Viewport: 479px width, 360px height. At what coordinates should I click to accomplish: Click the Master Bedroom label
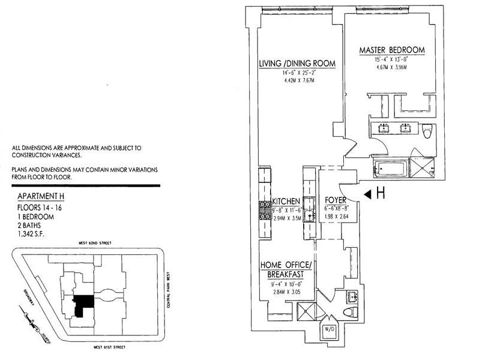pos(392,50)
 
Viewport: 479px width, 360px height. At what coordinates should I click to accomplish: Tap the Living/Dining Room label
pos(297,64)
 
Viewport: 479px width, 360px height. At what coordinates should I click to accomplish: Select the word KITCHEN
pos(286,200)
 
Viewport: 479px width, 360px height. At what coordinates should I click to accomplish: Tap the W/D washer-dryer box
pos(330,331)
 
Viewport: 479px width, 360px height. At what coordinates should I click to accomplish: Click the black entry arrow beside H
pos(368,193)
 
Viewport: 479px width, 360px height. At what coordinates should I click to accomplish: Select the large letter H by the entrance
pos(380,193)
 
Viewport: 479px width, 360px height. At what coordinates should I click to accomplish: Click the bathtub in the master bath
pos(390,169)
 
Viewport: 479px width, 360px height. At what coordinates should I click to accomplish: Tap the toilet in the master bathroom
pos(428,130)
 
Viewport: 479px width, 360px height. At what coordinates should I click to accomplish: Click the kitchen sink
pos(309,218)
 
